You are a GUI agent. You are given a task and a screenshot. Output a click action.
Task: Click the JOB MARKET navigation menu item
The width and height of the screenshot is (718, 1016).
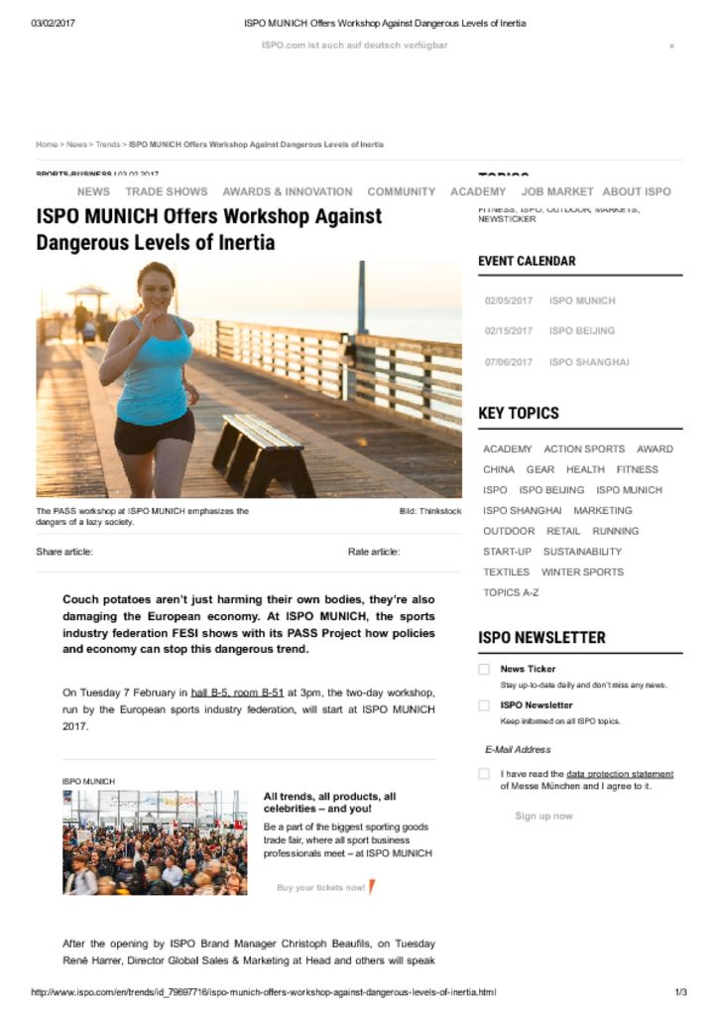(x=557, y=191)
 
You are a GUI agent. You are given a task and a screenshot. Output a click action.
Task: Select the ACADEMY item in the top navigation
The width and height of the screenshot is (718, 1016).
(x=478, y=191)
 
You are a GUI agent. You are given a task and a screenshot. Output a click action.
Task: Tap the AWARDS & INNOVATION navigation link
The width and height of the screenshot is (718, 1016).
(x=287, y=191)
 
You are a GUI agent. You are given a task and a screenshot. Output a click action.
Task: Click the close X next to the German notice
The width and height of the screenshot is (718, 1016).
(x=671, y=46)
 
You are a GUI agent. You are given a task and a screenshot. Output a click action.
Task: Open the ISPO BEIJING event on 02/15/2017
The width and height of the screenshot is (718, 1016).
(x=581, y=331)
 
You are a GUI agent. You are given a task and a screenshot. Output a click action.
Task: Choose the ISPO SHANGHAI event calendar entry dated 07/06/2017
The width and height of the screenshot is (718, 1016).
(x=588, y=362)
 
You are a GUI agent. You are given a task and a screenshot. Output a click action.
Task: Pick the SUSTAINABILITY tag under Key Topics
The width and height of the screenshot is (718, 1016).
(x=582, y=552)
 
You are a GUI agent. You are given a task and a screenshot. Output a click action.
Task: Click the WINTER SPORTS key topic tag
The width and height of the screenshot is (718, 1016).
(x=582, y=572)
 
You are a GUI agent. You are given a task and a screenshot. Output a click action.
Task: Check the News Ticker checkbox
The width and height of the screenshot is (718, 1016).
(x=484, y=670)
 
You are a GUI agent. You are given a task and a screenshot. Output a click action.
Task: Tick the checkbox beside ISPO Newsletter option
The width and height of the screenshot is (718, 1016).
(x=484, y=705)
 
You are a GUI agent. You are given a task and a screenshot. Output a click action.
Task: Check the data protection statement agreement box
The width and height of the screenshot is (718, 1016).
(x=484, y=774)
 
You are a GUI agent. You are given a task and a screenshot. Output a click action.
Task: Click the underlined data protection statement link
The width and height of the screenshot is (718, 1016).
(x=620, y=774)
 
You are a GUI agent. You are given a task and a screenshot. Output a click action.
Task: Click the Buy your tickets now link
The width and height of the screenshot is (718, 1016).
(x=320, y=887)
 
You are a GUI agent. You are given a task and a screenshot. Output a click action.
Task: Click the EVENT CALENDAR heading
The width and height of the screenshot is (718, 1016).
(x=527, y=261)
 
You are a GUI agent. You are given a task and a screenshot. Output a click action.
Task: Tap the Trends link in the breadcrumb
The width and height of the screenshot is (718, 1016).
(x=107, y=145)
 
